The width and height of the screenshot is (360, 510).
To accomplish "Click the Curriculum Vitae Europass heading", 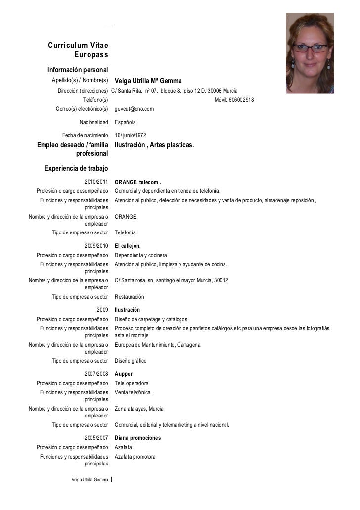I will tap(78, 50).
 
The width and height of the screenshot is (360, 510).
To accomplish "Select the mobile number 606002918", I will tap(234, 100).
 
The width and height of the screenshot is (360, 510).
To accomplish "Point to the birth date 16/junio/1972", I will tap(130, 135).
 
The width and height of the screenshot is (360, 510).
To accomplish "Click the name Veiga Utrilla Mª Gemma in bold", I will tap(148, 81).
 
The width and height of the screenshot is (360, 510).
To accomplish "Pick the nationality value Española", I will tap(125, 122).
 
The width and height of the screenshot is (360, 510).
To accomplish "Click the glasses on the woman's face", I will tap(310, 48).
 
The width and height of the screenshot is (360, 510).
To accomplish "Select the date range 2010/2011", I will tap(96, 182).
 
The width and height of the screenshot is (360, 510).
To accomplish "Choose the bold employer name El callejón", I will tap(128, 246).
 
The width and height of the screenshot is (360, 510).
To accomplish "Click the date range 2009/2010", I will tap(96, 246).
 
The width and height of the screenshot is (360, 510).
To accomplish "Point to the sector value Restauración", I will tap(130, 297).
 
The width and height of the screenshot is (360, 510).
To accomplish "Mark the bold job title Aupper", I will tap(124, 374).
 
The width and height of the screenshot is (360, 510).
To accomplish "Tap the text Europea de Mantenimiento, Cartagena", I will tap(158, 345).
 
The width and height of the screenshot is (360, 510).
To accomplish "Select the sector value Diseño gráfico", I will tap(131, 361).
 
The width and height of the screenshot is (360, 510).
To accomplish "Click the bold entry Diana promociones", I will tap(137, 438).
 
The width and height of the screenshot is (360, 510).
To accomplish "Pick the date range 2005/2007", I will tap(96, 438).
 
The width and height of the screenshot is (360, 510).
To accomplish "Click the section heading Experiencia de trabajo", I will tap(76, 168).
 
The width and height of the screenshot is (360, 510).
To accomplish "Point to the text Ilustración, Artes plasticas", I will tap(154, 145).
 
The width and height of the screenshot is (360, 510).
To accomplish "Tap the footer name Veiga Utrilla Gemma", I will tap(90, 480).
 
